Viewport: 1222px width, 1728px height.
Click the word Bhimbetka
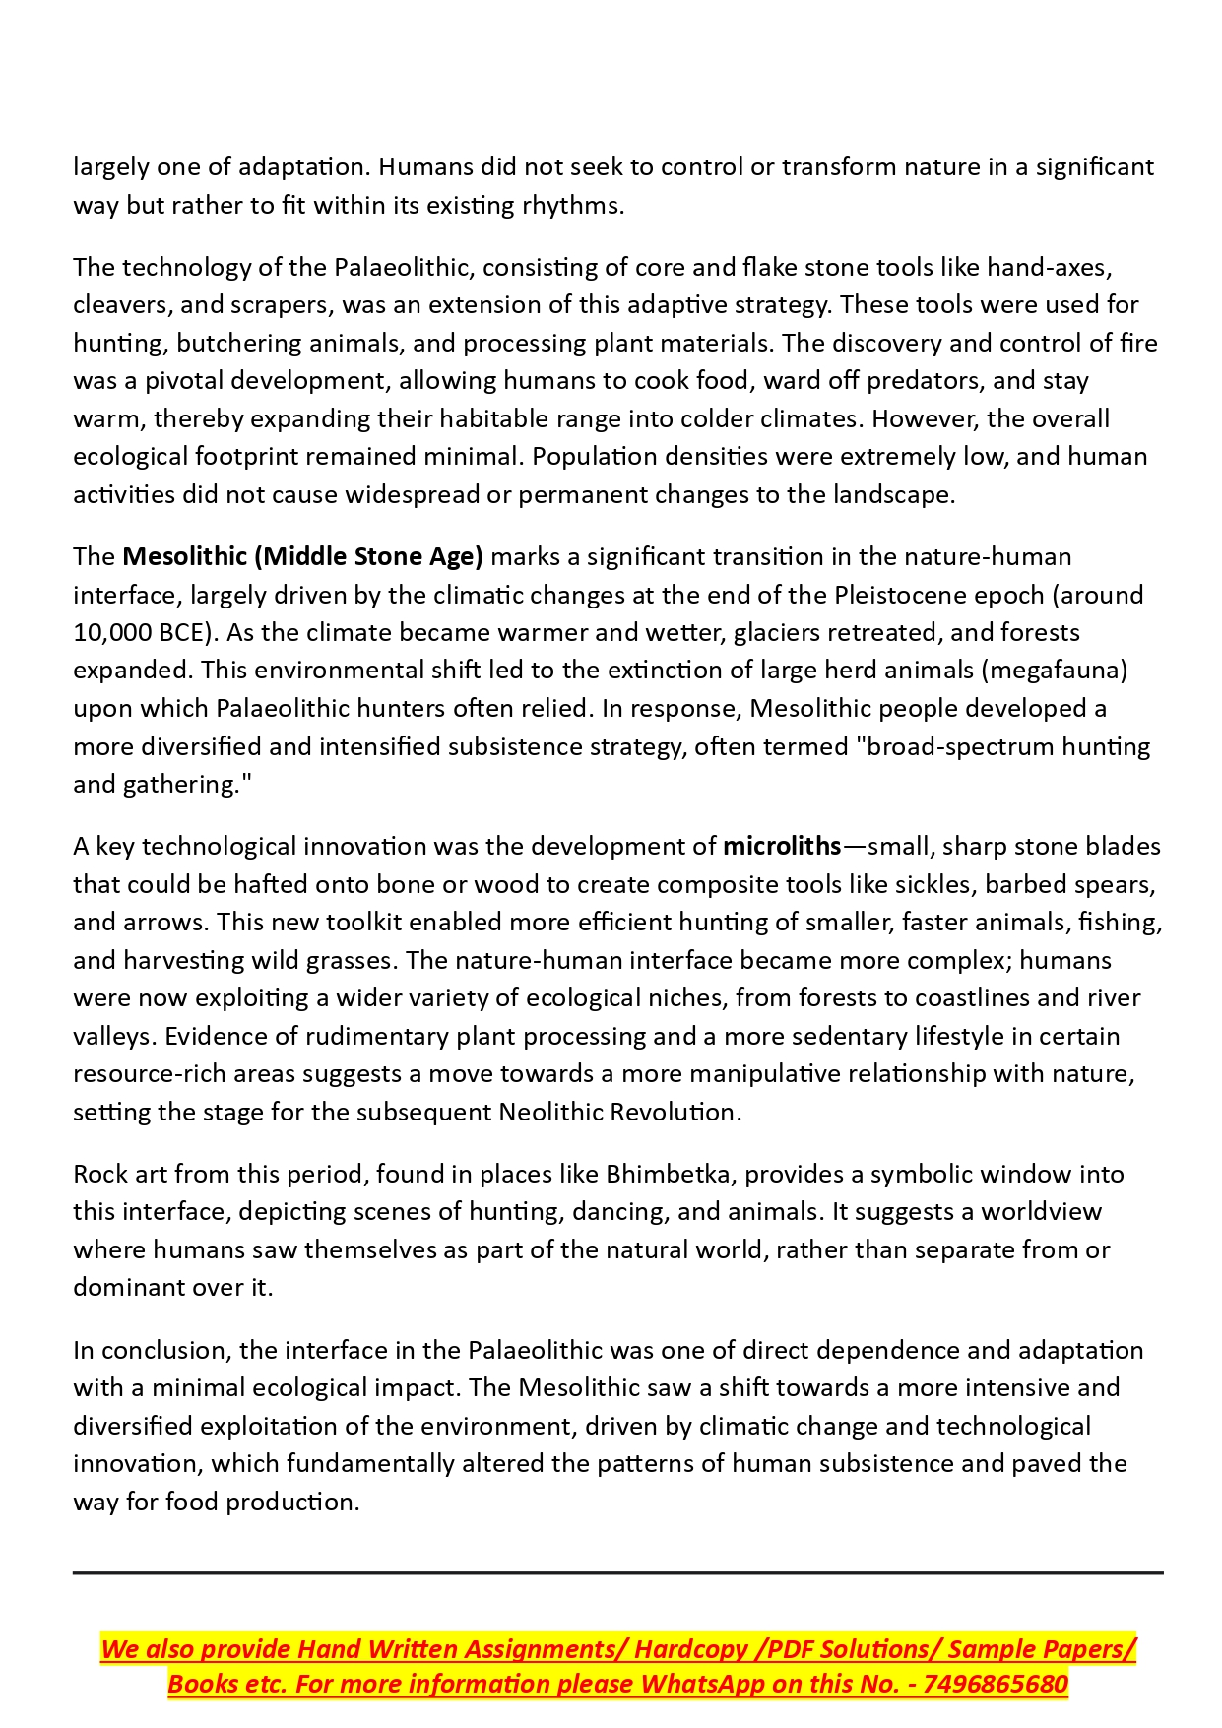click(x=669, y=1174)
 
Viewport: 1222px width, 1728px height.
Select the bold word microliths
click(x=782, y=846)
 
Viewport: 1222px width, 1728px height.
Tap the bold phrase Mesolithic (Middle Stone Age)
click(x=302, y=556)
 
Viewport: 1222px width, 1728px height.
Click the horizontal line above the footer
click(x=617, y=1573)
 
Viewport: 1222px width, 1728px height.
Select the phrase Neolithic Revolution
click(x=619, y=1112)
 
